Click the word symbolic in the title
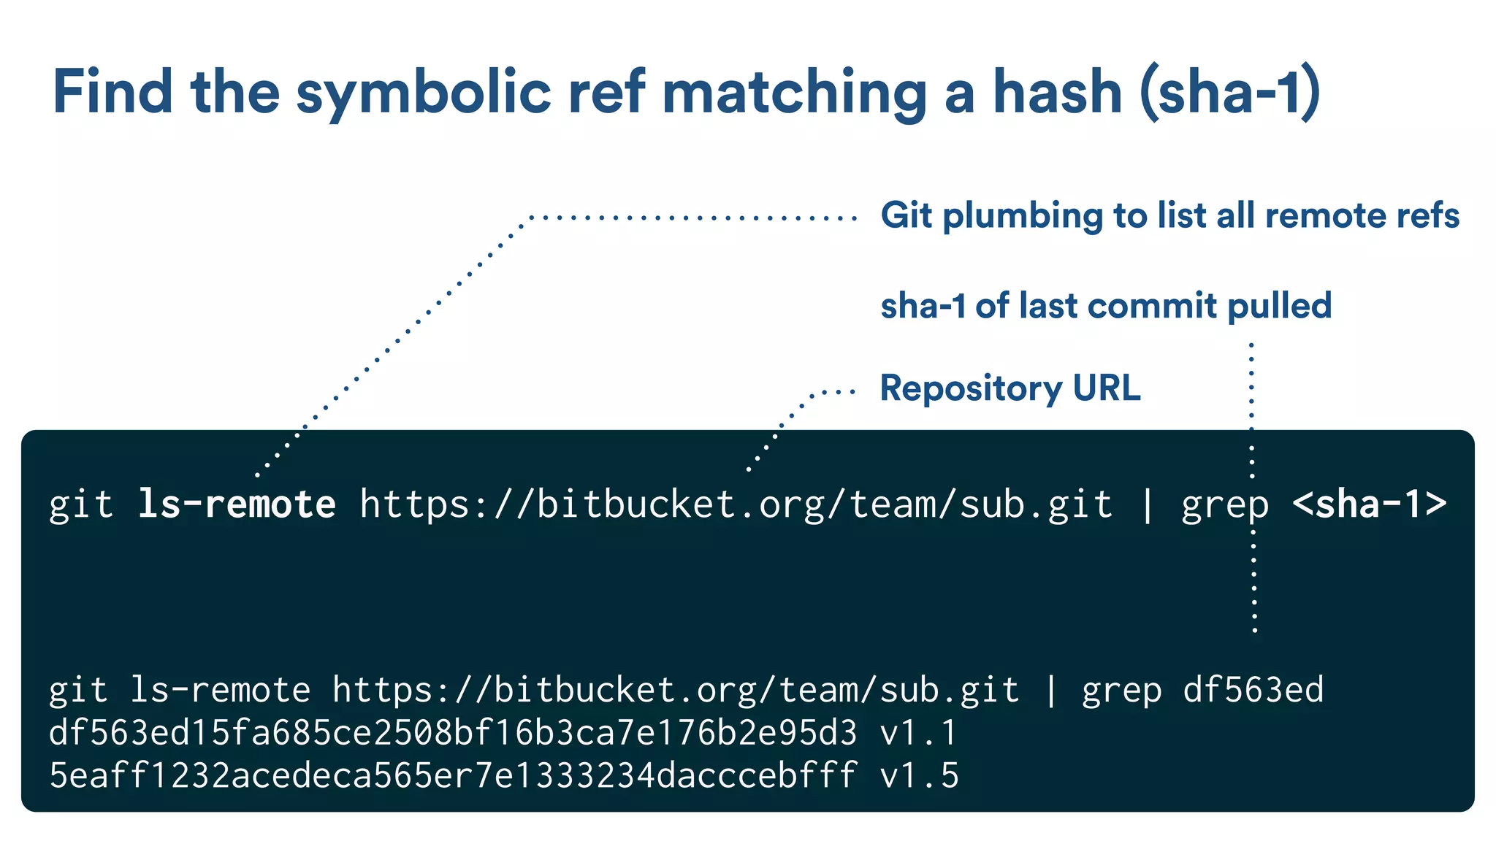click(x=423, y=93)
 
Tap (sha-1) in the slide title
click(x=1230, y=93)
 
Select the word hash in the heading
click(x=1057, y=93)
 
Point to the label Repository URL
click(x=1010, y=388)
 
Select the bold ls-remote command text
click(x=237, y=504)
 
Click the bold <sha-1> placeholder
click(x=1370, y=504)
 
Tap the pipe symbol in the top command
click(x=1147, y=504)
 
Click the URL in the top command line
click(x=736, y=504)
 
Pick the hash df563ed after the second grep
click(x=1253, y=690)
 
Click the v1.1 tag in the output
click(x=918, y=732)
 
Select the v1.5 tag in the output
click(x=919, y=775)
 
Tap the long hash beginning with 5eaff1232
click(x=453, y=775)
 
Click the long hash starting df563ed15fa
click(x=453, y=732)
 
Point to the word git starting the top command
click(x=81, y=504)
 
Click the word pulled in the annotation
click(x=1279, y=306)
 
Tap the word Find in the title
click(x=113, y=93)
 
